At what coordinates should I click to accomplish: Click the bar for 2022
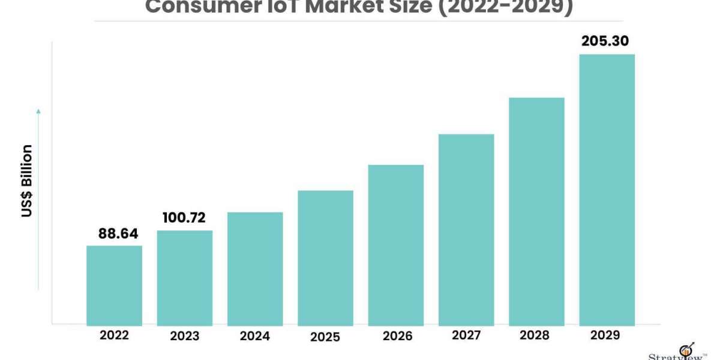(x=114, y=286)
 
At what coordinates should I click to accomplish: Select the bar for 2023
(x=185, y=278)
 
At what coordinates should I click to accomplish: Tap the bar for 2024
(x=255, y=269)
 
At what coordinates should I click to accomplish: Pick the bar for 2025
(x=325, y=258)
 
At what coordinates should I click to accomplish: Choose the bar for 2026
(x=396, y=245)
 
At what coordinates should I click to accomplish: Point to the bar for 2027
(x=466, y=230)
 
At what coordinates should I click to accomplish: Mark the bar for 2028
(x=536, y=211)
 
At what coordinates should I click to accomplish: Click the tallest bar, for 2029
(x=607, y=190)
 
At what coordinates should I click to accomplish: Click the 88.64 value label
(x=114, y=233)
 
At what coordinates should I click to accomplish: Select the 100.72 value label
(x=185, y=218)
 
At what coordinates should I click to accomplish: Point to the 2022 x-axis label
(x=114, y=335)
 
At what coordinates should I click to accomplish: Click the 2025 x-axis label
(x=325, y=337)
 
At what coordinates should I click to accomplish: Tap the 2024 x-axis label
(x=255, y=336)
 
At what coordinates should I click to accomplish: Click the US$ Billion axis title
(x=27, y=181)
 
